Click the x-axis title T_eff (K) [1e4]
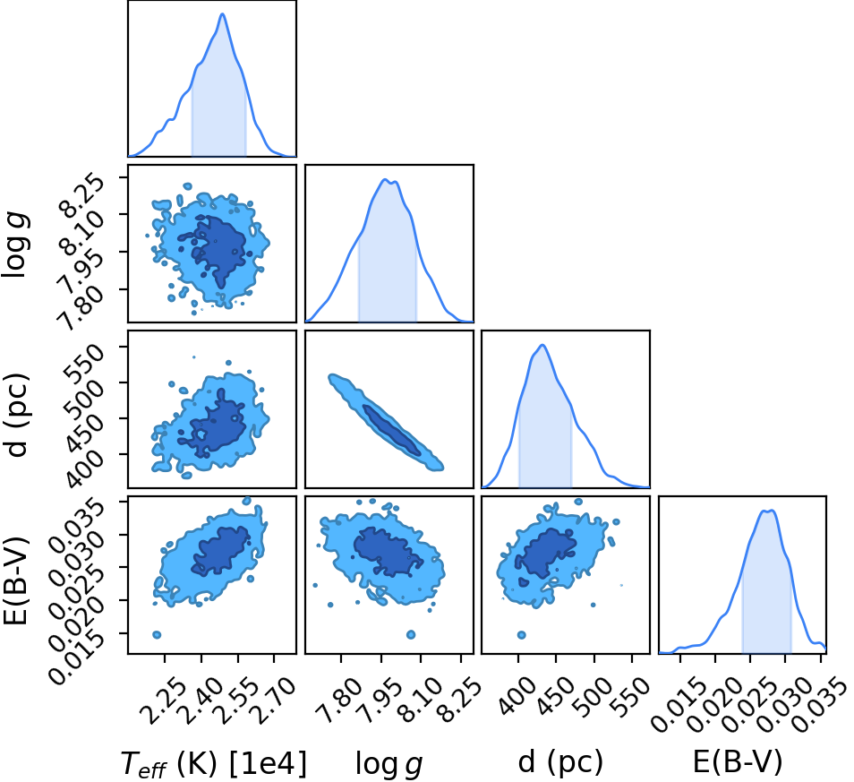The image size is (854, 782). tap(213, 762)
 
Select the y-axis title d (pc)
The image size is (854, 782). tap(17, 416)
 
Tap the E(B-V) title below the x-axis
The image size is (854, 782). tap(738, 761)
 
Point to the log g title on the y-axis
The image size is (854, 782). tap(16, 246)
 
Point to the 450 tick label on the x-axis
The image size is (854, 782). tap(556, 695)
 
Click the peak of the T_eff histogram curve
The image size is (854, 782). tap(222, 13)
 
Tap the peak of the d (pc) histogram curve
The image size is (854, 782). tap(542, 345)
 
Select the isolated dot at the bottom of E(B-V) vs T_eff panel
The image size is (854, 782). tap(157, 635)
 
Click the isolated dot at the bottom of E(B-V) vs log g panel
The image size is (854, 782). tap(411, 635)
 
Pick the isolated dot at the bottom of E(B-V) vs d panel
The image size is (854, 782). tap(521, 635)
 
